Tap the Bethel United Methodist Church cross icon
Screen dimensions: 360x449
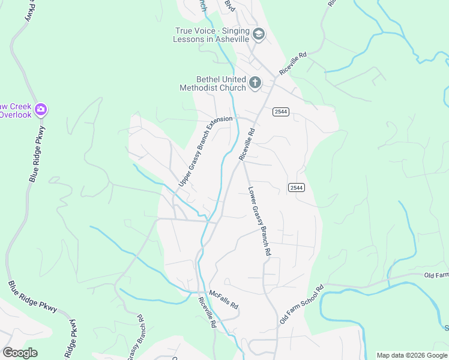(x=255, y=83)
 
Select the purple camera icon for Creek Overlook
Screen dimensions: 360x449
(x=41, y=109)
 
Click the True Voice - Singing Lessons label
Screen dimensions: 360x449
(x=211, y=35)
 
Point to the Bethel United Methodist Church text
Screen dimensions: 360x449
(x=213, y=83)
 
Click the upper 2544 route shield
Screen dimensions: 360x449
(x=281, y=112)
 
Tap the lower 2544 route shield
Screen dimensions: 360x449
(x=297, y=188)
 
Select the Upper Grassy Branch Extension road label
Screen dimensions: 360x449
(x=205, y=151)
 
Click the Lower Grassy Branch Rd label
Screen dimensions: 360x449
(x=259, y=222)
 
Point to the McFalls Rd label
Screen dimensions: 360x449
(x=224, y=298)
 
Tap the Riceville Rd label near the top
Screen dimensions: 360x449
(x=293, y=62)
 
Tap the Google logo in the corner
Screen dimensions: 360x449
(x=20, y=352)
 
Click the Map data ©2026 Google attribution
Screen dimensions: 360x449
(x=411, y=355)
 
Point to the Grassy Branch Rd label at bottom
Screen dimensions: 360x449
(x=136, y=339)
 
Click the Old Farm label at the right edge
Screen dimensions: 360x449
(x=436, y=275)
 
